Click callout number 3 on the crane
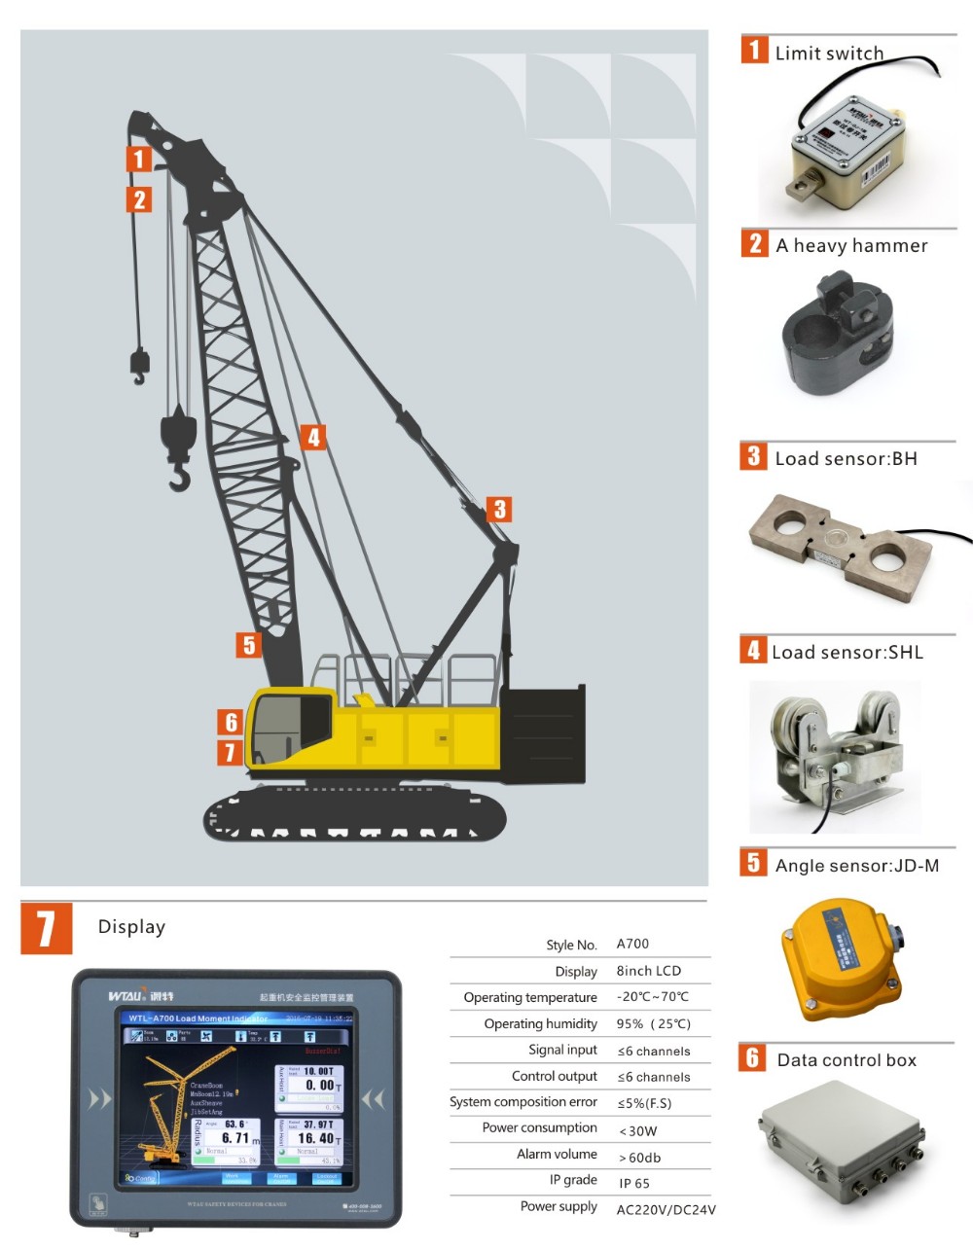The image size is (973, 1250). [x=499, y=510]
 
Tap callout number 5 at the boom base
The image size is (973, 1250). [x=249, y=645]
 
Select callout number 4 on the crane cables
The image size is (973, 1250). [x=312, y=438]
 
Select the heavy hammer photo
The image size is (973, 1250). [x=837, y=336]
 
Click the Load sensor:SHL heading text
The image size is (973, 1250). [x=847, y=653]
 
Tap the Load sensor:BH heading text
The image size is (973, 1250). [x=846, y=459]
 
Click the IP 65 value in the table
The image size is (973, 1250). [x=634, y=1184]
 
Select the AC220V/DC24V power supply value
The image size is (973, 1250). [x=666, y=1210]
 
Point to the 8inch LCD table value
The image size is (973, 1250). [x=648, y=971]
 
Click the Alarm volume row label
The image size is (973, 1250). [x=557, y=1155]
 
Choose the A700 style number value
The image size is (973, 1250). [x=632, y=944]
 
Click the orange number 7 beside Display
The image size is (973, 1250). [x=46, y=928]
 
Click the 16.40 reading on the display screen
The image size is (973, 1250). [x=316, y=1138]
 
